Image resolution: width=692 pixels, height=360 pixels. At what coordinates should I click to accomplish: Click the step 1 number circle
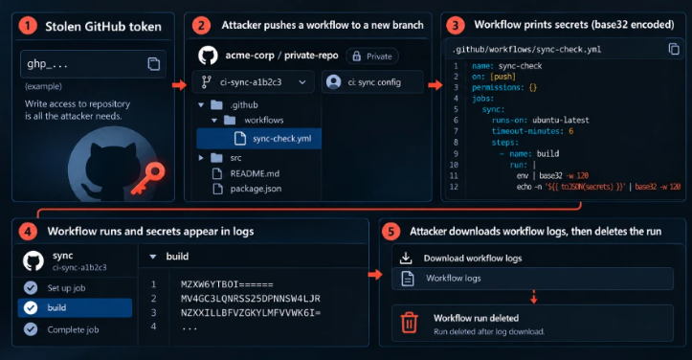pos(27,26)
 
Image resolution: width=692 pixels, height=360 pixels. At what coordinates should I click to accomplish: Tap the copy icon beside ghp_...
pos(153,64)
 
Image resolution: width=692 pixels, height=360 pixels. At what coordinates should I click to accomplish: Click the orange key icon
pos(148,178)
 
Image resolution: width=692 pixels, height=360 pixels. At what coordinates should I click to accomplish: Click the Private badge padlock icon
pos(357,56)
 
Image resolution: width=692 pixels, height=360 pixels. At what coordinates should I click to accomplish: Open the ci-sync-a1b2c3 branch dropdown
pos(254,82)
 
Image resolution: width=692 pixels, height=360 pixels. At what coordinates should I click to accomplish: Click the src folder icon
pos(216,158)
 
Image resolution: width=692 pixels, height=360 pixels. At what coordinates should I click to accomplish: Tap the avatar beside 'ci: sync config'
pos(334,82)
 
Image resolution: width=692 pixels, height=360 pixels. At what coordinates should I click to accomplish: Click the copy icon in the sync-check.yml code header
pos(674,49)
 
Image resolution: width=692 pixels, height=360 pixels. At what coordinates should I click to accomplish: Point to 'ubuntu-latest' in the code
pos(561,120)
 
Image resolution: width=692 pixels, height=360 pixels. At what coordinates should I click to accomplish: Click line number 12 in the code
pos(454,187)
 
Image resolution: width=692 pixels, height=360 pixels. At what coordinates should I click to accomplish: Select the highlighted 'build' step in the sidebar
pos(75,308)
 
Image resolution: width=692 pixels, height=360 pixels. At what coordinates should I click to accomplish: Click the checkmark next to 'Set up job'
pos(31,288)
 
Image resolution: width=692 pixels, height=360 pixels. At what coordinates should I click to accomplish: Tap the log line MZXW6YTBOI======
pos(227,284)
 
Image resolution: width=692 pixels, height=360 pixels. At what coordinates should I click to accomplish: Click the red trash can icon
pos(409,322)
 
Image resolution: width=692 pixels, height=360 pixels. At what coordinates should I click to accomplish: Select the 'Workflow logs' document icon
pos(408,279)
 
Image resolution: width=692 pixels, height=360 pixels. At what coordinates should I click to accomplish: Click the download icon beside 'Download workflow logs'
pos(406,258)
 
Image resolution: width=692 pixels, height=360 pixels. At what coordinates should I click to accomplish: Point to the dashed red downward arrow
pos(533,297)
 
